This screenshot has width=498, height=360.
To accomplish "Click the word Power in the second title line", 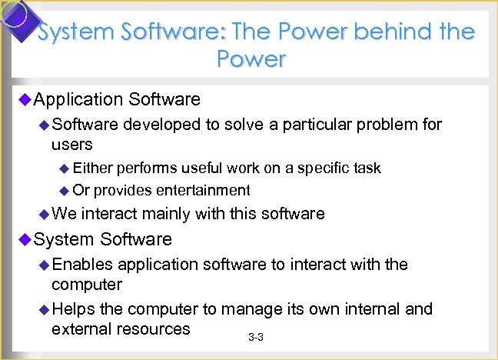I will (251, 59).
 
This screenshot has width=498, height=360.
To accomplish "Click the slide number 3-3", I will (256, 338).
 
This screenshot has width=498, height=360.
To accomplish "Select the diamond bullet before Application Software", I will (23, 99).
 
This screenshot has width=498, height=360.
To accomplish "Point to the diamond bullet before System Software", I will (23, 239).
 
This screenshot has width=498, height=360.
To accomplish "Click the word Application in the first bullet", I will (78, 99).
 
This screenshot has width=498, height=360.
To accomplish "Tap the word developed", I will (161, 125).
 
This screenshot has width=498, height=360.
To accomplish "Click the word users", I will (71, 145).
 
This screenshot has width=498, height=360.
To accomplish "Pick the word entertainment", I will (203, 190).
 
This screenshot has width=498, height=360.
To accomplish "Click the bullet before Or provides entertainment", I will (65, 190).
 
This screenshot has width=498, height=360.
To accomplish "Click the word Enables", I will (82, 265).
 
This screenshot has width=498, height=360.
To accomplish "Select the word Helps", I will (75, 309).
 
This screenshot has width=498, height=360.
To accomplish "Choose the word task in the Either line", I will (366, 168).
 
